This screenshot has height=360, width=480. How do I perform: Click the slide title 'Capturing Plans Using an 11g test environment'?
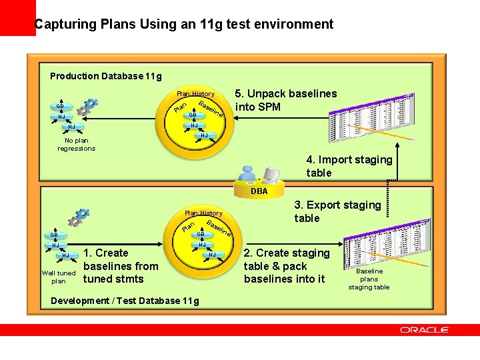click(184, 25)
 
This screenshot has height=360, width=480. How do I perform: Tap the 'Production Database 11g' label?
click(105, 76)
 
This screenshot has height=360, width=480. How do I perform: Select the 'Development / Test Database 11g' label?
click(125, 301)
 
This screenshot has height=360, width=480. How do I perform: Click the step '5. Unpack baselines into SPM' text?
click(286, 100)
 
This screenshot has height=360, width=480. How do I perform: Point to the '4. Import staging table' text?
click(349, 166)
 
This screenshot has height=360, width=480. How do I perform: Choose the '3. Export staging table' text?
click(337, 211)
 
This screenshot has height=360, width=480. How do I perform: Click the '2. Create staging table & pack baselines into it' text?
click(287, 265)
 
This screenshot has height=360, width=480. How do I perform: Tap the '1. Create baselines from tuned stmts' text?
click(120, 265)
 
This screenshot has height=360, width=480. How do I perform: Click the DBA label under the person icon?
click(259, 191)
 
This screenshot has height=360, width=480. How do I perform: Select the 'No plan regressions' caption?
click(76, 144)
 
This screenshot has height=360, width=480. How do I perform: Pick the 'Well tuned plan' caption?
click(59, 277)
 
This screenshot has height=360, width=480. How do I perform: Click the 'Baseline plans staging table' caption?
click(369, 279)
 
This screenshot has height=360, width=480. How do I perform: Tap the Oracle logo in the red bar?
click(425, 330)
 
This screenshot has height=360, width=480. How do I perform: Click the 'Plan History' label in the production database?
click(195, 94)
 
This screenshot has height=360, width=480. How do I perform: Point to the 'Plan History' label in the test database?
click(203, 213)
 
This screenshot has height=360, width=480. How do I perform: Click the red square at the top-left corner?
click(17, 17)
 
